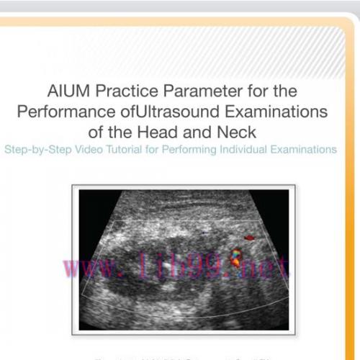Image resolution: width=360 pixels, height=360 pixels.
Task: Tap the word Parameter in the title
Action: [x=201, y=92]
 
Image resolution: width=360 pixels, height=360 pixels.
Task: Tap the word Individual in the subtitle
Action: [x=243, y=150]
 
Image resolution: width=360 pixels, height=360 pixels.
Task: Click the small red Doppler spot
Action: [x=250, y=237]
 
